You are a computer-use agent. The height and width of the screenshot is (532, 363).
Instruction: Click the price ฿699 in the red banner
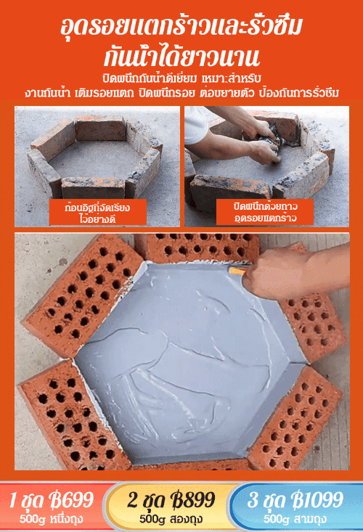tap(71, 499)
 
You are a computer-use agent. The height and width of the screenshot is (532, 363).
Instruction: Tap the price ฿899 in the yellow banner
tap(193, 499)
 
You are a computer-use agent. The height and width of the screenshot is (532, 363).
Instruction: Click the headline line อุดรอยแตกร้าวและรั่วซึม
tap(181, 27)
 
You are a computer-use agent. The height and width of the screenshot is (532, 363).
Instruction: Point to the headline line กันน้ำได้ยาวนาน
tap(181, 57)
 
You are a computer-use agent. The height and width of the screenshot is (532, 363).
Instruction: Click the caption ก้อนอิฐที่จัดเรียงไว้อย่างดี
tap(98, 213)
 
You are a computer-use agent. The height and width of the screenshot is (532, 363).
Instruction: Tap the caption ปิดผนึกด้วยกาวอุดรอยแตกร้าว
tap(265, 212)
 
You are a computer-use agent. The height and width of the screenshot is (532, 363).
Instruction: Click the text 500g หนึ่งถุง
tap(52, 519)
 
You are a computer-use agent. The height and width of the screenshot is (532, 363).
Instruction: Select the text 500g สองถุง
tap(171, 519)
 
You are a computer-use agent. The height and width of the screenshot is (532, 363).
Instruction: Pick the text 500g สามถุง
tap(295, 519)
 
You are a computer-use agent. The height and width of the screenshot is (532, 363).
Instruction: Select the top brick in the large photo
tap(197, 248)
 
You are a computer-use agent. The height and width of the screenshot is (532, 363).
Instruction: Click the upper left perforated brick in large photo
tap(83, 295)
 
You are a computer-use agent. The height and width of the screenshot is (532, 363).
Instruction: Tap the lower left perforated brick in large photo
tap(73, 417)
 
